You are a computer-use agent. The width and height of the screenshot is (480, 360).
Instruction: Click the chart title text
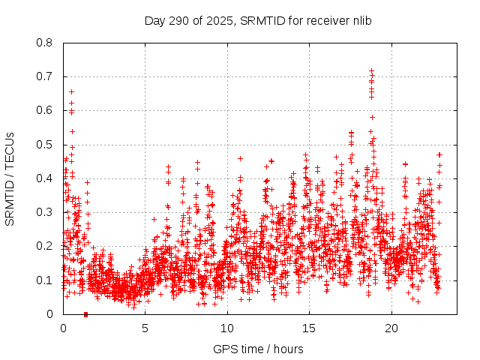tap(258, 20)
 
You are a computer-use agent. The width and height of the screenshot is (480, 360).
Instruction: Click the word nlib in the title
tap(360, 20)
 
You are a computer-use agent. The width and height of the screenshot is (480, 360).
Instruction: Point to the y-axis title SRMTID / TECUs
tap(10, 178)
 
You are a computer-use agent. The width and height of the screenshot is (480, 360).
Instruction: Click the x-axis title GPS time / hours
tap(258, 349)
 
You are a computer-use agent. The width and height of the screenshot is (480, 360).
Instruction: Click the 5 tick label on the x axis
tap(145, 328)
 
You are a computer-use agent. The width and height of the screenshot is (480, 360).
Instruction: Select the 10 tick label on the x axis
tap(227, 328)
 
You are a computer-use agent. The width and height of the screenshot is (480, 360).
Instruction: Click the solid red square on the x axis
tap(85, 314)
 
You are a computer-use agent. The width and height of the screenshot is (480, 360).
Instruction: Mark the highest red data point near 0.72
tap(371, 70)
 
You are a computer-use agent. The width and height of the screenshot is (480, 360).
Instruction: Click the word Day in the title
tap(154, 20)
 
